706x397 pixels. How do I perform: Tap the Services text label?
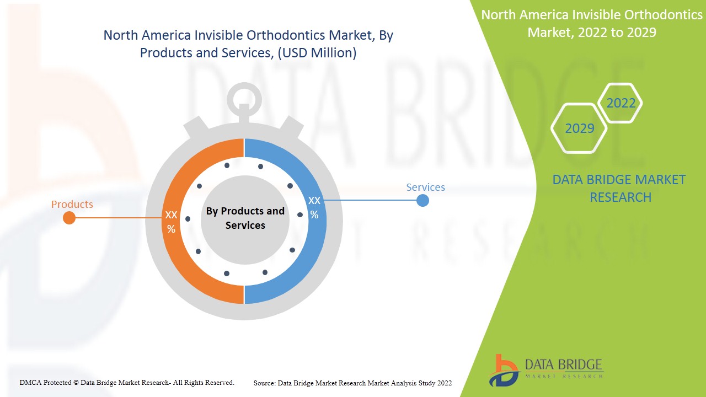coord(425,187)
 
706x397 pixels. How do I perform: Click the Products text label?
coord(72,205)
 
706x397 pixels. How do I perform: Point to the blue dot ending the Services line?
coord(422,200)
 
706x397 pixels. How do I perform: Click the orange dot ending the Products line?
coord(69,218)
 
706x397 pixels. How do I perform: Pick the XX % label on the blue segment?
coord(314,207)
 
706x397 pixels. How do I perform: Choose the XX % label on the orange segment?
coord(172,222)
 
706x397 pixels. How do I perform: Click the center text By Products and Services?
coord(245,218)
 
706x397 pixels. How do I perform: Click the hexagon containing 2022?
coord(621,103)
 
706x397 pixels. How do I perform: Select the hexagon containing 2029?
coord(579,128)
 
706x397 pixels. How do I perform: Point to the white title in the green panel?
coord(592,24)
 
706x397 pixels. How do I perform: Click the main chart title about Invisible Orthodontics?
coord(248,44)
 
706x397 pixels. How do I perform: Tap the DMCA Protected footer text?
coord(127,382)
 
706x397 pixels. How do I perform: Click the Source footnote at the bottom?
coord(352,383)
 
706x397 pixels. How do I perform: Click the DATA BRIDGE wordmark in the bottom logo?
coord(563,364)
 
